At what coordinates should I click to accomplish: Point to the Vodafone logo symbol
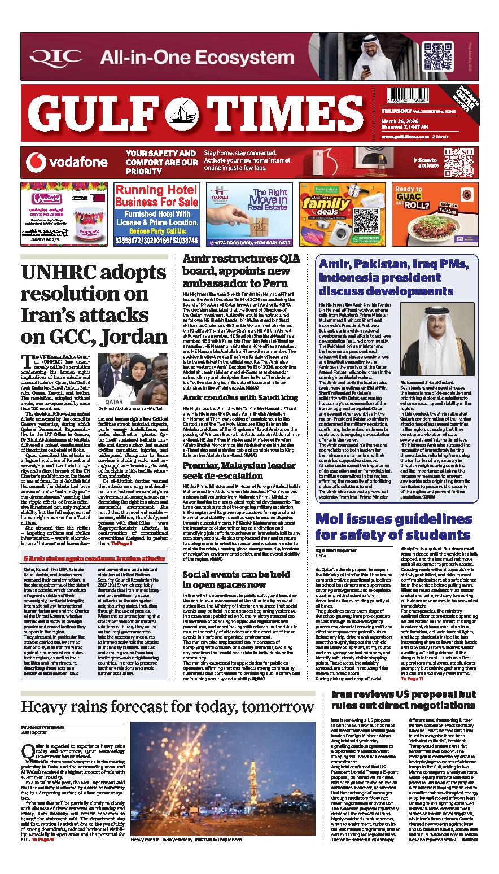tap(36, 163)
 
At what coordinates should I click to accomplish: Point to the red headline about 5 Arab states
tap(93, 543)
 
